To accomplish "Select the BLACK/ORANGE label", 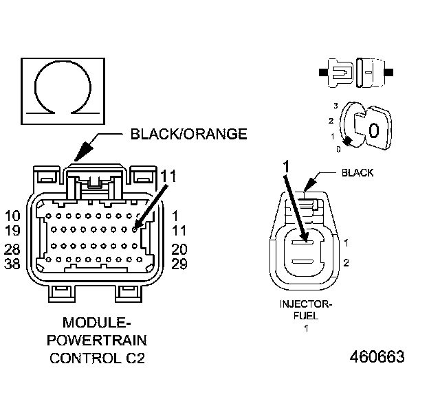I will pos(188,134).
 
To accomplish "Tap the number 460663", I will pos(377,357).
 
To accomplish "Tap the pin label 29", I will pos(179,264).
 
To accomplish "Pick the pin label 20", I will pos(179,250).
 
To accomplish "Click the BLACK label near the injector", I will pos(357,173).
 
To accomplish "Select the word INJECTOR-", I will pos(306,304).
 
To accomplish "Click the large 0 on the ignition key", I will pos(375,130).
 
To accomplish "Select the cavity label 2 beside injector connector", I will pos(346,263).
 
